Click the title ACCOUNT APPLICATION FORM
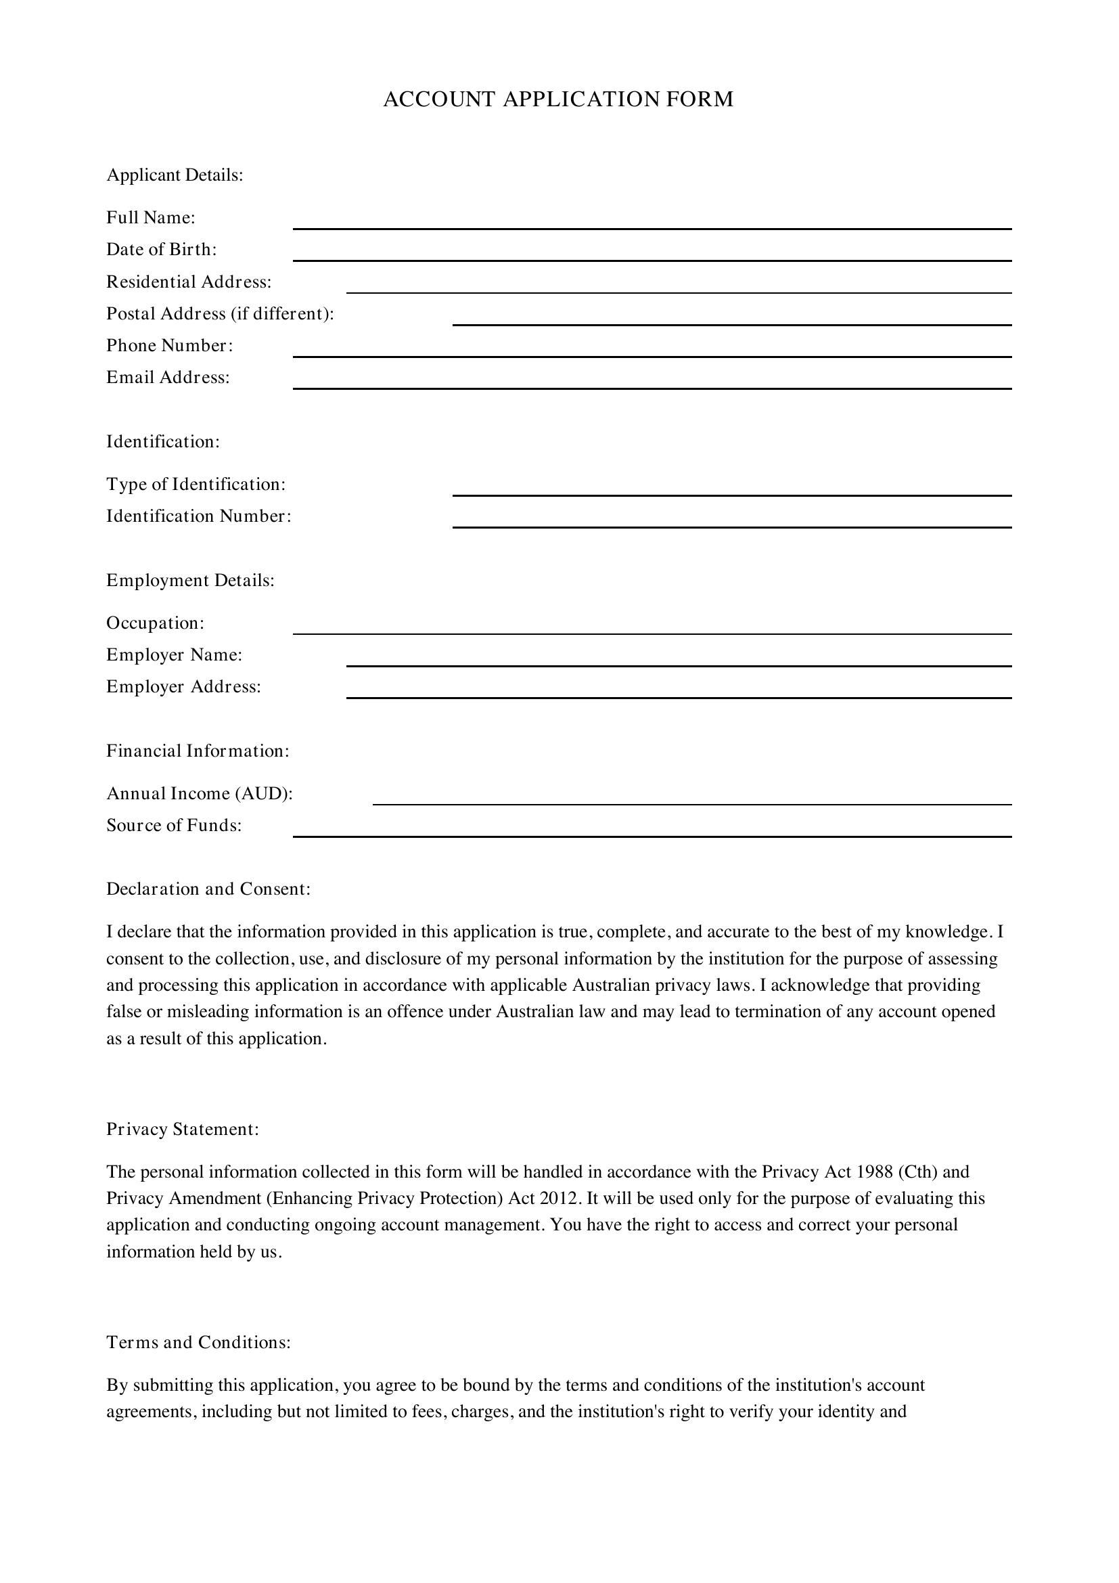point(558,99)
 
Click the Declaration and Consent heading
point(208,889)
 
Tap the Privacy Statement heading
point(183,1130)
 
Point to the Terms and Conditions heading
point(198,1342)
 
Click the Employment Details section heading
point(190,581)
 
